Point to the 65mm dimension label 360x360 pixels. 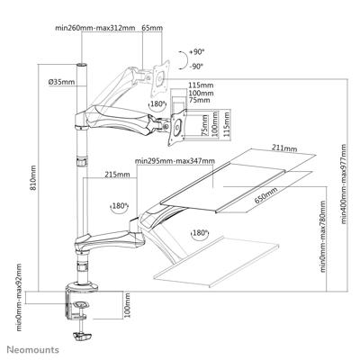click(x=154, y=27)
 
